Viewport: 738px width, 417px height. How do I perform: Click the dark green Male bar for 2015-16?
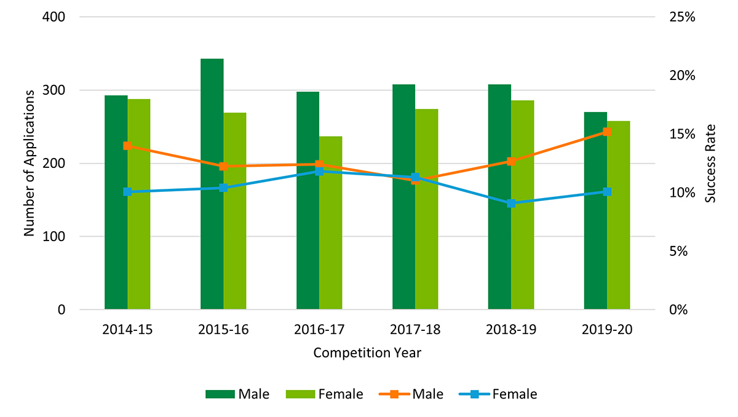[212, 185]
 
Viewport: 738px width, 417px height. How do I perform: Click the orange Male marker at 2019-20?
[607, 132]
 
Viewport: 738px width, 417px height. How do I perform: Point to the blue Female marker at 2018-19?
[511, 203]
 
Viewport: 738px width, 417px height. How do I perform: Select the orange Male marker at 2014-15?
[127, 146]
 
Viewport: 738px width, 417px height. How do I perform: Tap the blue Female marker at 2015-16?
[223, 188]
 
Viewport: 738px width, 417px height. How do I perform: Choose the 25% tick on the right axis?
[681, 17]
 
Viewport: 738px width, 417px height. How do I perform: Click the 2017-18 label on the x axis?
[415, 330]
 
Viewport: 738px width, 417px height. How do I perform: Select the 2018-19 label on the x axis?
[511, 330]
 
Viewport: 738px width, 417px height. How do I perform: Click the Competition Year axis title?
[367, 353]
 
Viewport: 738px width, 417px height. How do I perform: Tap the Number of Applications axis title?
[28, 163]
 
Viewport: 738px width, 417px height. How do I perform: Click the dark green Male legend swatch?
[219, 394]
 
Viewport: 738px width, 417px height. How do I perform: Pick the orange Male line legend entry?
[411, 394]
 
